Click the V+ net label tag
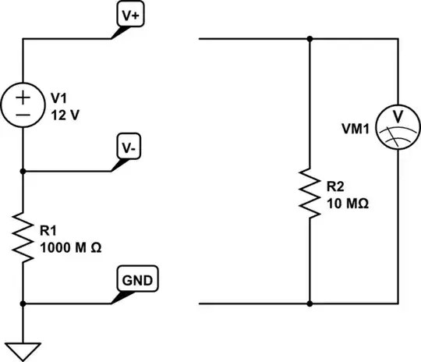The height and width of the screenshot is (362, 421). coord(129,16)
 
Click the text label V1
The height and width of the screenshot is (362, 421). coord(59,98)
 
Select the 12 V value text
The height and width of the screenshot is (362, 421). coord(65,114)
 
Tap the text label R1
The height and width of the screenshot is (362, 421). coord(48,230)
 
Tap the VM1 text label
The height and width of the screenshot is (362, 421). coord(358,126)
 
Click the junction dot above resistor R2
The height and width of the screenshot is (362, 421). coord(310,37)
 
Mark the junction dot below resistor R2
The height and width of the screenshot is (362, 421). coord(310,302)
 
